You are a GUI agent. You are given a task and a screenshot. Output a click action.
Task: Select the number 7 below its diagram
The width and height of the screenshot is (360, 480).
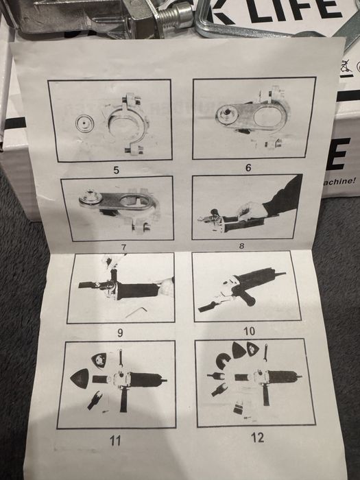[117, 247]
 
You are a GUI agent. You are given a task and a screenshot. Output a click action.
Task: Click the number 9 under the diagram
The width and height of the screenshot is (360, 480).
[120, 333]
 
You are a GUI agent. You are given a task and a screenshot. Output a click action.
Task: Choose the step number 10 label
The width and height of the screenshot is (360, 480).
[249, 331]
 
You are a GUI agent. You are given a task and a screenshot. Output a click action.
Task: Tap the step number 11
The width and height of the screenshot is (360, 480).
[115, 440]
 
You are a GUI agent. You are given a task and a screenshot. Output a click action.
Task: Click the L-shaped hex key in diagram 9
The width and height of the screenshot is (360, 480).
[142, 310]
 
